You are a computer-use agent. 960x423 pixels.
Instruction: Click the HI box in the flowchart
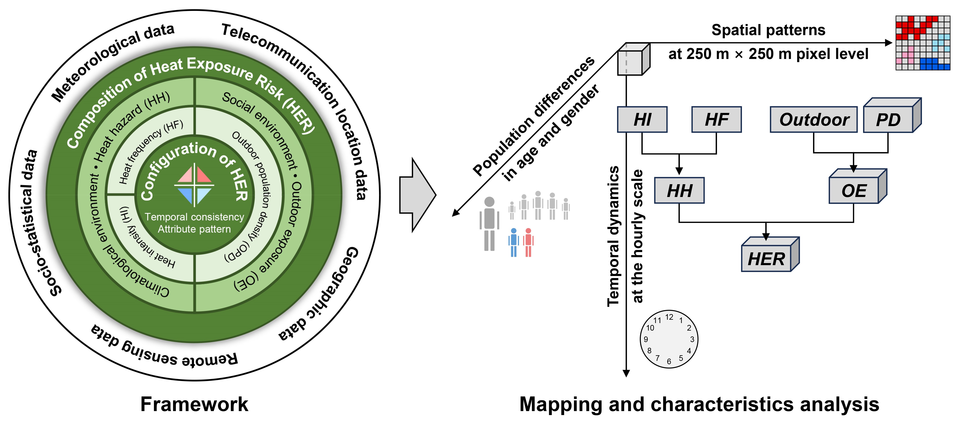click(x=642, y=120)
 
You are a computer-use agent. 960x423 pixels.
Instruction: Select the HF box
click(x=716, y=120)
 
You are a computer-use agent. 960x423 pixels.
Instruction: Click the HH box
click(x=679, y=190)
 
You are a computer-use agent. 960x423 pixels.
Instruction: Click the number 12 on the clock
click(x=669, y=317)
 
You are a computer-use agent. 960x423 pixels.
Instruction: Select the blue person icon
click(x=514, y=242)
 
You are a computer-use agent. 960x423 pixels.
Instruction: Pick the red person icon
click(x=528, y=242)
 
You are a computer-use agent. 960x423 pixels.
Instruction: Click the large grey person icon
click(x=489, y=224)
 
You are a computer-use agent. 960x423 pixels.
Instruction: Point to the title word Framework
click(x=194, y=404)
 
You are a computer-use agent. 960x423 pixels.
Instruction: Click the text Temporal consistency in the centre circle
click(x=194, y=217)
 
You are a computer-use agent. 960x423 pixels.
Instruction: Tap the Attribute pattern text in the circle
click(x=194, y=229)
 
